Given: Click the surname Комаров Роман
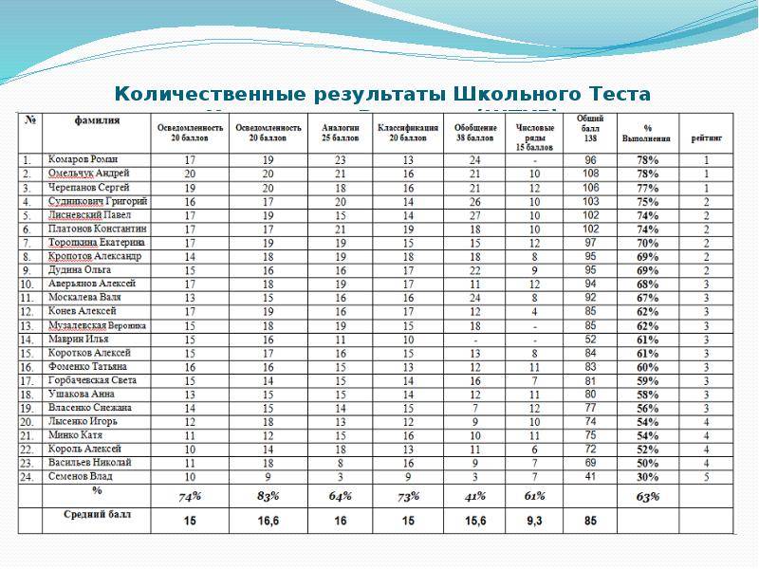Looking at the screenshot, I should (83, 160).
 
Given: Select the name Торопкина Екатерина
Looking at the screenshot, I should (96, 243).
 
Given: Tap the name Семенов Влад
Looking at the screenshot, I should (83, 476).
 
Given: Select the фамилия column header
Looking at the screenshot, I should (98, 120).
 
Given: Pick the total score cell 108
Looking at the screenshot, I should (590, 174).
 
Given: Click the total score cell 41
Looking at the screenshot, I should (590, 476).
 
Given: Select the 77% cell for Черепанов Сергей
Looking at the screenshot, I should (648, 188).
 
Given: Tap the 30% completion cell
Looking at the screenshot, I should (648, 476).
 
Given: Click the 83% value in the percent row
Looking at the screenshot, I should (268, 496).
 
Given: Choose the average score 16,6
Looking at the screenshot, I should (268, 520).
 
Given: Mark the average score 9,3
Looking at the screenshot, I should (535, 520).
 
